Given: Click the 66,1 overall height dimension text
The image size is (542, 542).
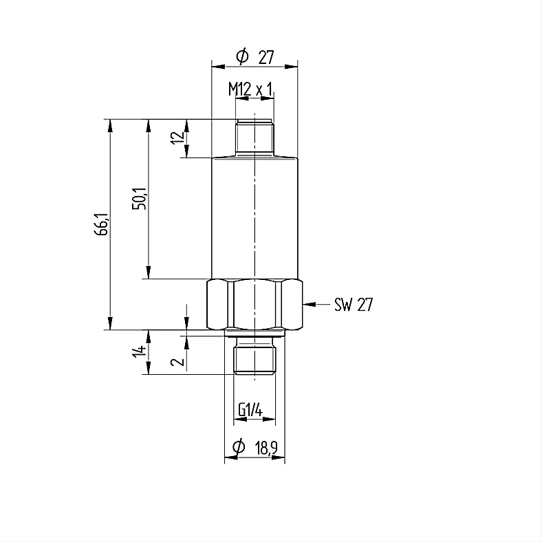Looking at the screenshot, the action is point(102,224).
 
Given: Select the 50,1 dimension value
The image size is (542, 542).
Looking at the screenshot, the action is point(140,199).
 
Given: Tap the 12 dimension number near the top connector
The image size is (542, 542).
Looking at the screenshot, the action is point(177,138).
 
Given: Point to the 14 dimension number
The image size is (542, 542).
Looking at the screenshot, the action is point(140,351).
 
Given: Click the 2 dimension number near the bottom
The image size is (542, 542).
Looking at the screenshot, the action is point(177,362).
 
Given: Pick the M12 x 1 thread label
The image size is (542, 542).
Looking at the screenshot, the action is point(250,89).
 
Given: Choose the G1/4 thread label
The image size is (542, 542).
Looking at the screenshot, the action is point(250,411).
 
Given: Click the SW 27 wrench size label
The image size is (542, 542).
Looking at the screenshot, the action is point(354,305).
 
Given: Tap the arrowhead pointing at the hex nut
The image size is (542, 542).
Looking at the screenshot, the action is point(310,304).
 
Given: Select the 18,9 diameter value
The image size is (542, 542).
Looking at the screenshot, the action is point(266,448).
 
